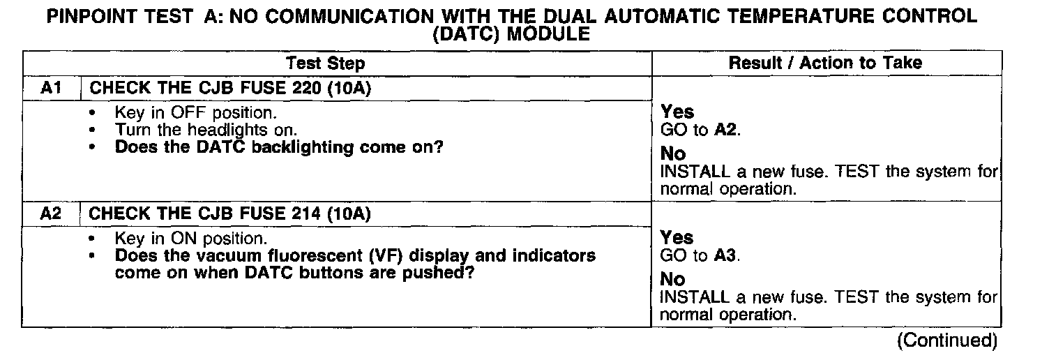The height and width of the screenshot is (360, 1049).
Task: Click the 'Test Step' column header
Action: point(325,63)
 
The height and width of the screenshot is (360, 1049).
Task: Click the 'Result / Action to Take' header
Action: point(825,63)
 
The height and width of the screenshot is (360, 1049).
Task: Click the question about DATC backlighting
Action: point(279,147)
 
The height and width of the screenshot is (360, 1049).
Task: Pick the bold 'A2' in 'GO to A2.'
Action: point(726,130)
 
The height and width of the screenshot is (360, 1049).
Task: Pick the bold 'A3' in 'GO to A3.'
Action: point(726,255)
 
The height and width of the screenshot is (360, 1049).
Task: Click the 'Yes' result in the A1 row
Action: point(677,112)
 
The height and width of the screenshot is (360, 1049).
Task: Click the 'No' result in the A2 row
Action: point(672,280)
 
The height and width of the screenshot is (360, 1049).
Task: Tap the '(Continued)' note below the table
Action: point(947,340)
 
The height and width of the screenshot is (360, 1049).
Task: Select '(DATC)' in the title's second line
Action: point(467,33)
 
